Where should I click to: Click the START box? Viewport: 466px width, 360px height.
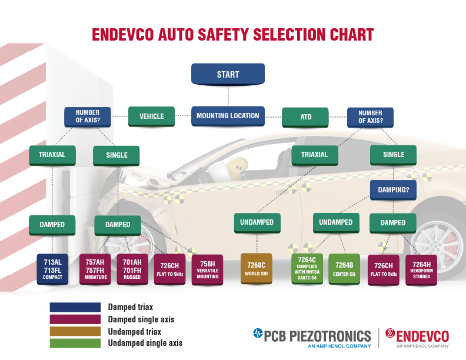pos(228,74)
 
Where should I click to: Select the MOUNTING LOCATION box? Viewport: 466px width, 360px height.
pos(228,116)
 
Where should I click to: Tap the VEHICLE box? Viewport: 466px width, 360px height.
pos(152,116)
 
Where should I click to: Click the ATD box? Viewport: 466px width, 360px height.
pos(305,117)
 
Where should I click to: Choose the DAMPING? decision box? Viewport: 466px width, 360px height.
pos(393,190)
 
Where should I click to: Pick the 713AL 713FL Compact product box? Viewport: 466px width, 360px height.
pos(52,269)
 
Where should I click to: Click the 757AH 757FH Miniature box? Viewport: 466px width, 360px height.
pos(95,269)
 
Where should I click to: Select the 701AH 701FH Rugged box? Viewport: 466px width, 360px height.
pos(132,269)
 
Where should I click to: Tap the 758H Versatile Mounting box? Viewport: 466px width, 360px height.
pos(208,269)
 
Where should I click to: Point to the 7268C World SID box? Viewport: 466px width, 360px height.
pos(257,268)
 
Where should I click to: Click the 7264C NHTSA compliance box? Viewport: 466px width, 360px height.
pos(307,269)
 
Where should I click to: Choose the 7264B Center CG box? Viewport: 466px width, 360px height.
pos(344,269)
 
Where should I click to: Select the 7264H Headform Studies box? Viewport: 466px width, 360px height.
pos(421,270)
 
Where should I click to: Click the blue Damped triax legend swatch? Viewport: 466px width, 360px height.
pos(75,307)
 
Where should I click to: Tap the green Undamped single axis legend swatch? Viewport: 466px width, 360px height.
pos(75,343)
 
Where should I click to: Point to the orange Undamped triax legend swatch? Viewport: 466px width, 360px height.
pos(75,331)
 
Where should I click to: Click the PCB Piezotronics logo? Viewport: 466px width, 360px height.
pos(312,338)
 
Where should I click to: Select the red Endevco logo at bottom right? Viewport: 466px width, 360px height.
pos(417,338)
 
